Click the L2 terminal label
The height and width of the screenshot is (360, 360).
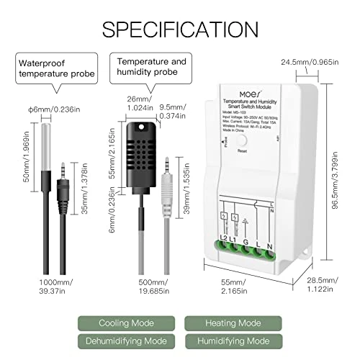tap(223, 238)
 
